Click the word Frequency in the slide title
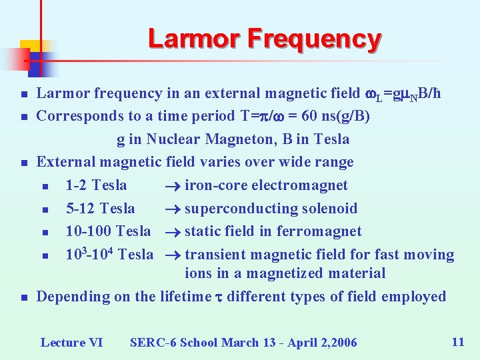[x=314, y=39]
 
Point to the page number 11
[x=457, y=342]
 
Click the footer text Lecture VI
[x=71, y=343]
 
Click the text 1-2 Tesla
[x=96, y=185]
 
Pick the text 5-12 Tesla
[x=100, y=209]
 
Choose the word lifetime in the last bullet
[x=185, y=297]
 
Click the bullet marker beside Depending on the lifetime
[x=23, y=297]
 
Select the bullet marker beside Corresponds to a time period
[x=23, y=117]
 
